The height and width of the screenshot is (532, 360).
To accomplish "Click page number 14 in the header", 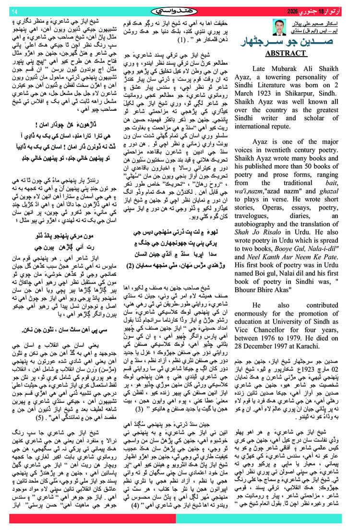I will coord(14,11).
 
